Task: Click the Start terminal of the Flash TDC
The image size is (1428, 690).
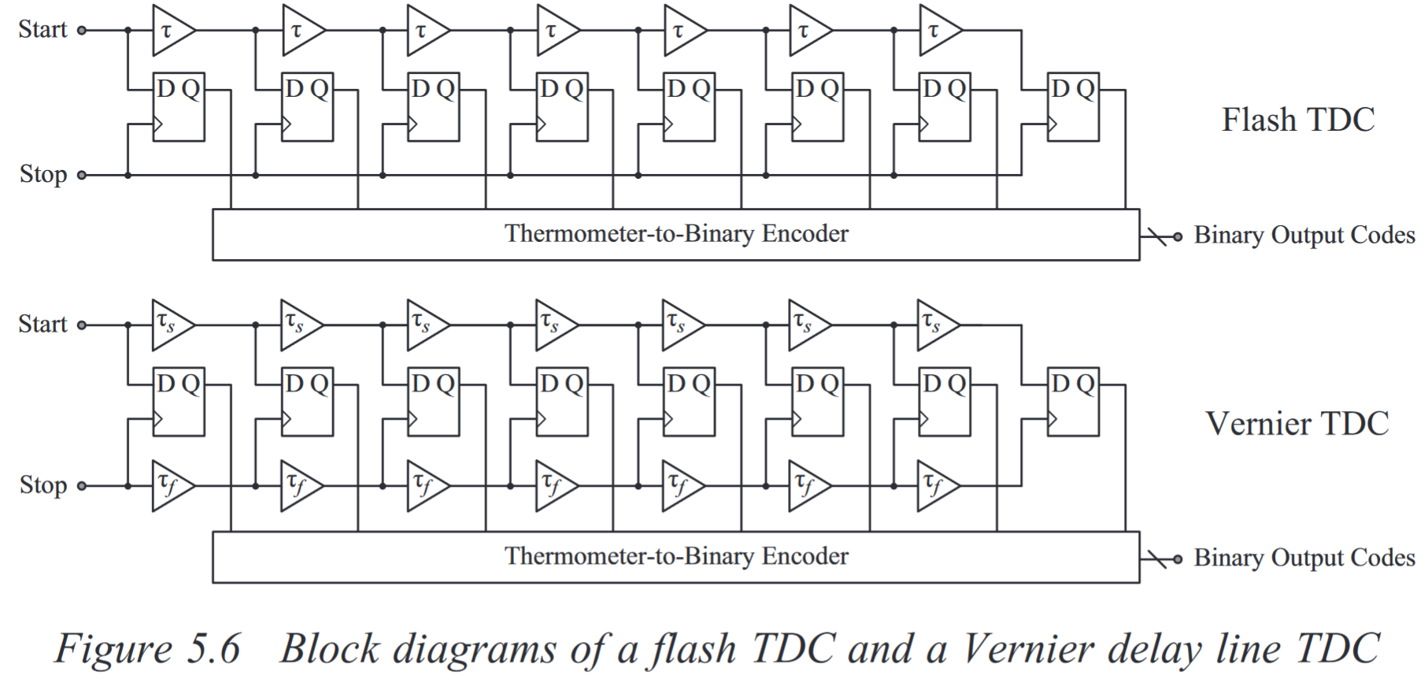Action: pyautogui.click(x=81, y=31)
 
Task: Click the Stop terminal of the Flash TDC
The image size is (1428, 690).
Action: pyautogui.click(x=81, y=175)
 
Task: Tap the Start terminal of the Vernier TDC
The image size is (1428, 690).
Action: pyautogui.click(x=81, y=325)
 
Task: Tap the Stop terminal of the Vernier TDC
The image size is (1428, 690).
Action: pyautogui.click(x=81, y=486)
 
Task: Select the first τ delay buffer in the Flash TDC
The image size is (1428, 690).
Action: pyautogui.click(x=170, y=31)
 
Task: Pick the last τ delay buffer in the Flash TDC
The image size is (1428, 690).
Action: pyautogui.click(x=938, y=31)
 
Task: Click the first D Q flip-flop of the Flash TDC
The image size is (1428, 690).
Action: pyautogui.click(x=179, y=108)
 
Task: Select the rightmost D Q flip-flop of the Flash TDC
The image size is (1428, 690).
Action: pyautogui.click(x=1073, y=108)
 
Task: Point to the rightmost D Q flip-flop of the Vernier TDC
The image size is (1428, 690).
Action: pyautogui.click(x=1073, y=402)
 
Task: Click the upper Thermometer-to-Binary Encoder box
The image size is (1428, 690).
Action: pyautogui.click(x=675, y=235)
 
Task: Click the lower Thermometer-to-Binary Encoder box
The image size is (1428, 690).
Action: pyautogui.click(x=675, y=558)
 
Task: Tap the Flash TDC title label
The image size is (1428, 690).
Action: pyautogui.click(x=1297, y=121)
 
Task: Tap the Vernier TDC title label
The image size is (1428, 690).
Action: pyautogui.click(x=1297, y=425)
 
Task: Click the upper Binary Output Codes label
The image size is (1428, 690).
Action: pyautogui.click(x=1304, y=236)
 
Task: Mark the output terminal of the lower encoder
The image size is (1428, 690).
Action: pyautogui.click(x=1178, y=559)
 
